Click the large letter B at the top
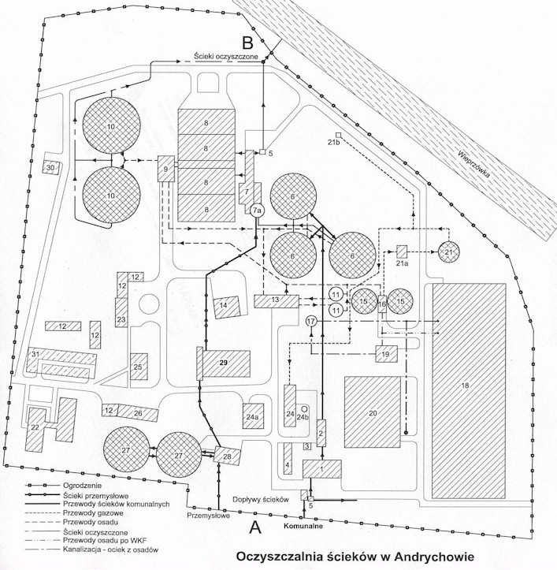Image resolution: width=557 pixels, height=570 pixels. [x=247, y=42]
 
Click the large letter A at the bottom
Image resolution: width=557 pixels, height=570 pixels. [x=254, y=525]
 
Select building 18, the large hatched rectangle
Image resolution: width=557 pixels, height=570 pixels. [x=465, y=384]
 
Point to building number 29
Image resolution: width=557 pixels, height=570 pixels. [x=224, y=363]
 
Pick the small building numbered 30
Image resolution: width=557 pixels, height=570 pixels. [x=51, y=168]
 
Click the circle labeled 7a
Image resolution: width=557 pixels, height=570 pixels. [x=258, y=210]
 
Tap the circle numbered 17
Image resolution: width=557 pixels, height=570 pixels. [x=311, y=322]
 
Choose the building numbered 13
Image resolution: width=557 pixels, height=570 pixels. [x=276, y=300]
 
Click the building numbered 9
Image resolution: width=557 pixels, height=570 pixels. [x=166, y=169]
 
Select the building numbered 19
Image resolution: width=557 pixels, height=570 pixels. [x=385, y=356]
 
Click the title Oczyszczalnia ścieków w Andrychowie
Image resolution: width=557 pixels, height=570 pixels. [x=355, y=556]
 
